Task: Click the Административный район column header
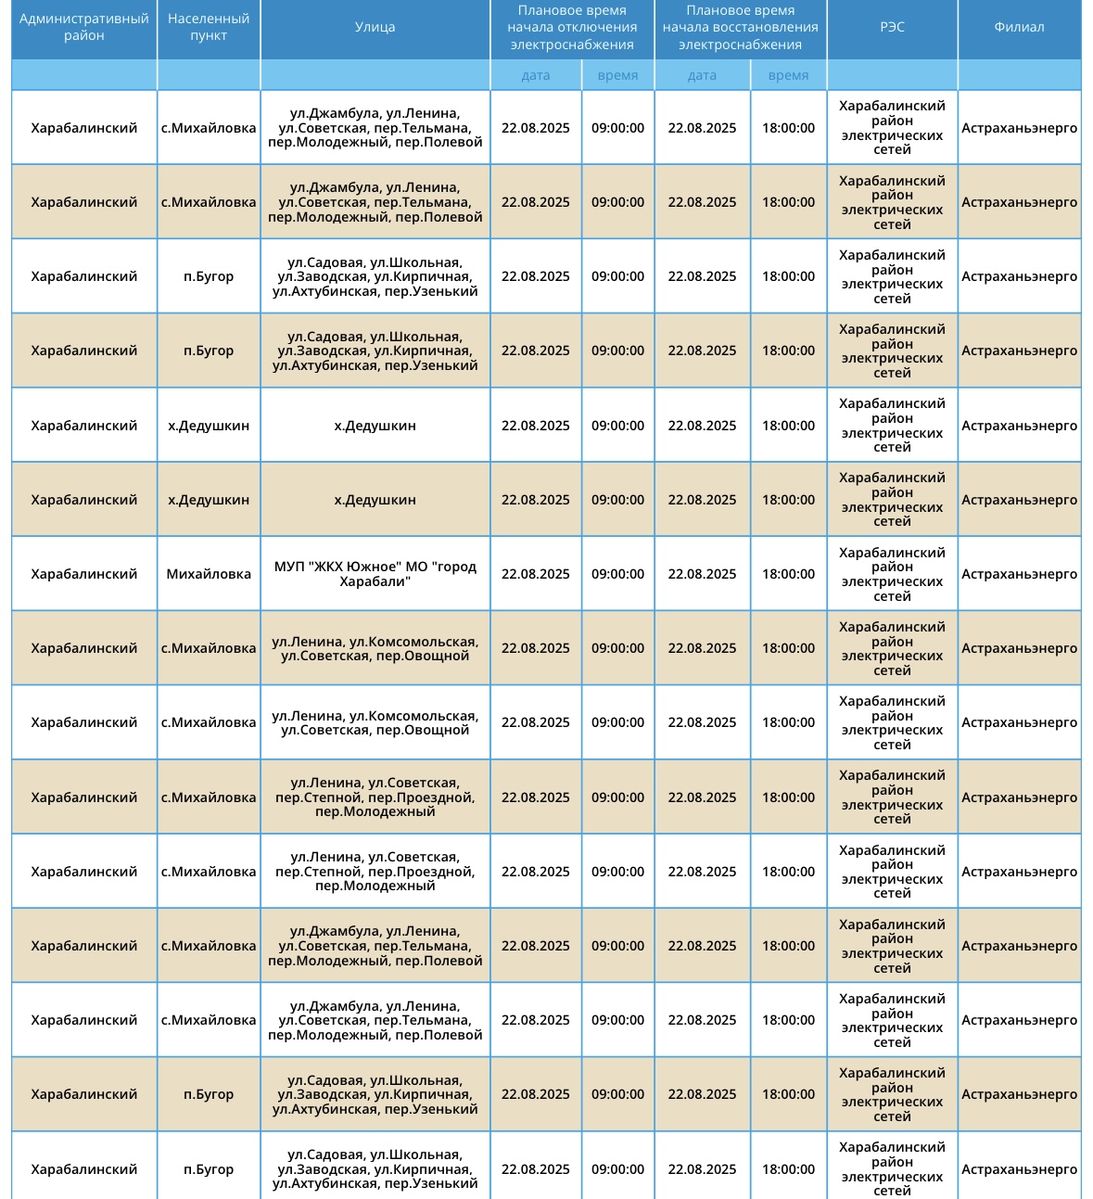83,28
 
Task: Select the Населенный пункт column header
209,28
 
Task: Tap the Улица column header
375,28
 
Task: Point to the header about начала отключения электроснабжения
572,28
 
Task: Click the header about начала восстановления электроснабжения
740,28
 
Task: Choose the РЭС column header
892,28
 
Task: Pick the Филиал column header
1019,28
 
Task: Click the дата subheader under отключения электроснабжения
536,75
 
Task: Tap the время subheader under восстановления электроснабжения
788,75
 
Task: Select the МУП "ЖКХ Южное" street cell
375,574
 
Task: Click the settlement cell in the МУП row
209,574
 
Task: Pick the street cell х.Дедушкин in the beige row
375,500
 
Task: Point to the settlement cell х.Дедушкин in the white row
209,426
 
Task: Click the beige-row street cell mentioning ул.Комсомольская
375,648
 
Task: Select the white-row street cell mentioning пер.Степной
375,872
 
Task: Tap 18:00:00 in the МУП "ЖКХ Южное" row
788,574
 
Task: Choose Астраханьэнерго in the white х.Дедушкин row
1019,426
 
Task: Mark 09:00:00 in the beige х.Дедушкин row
617,500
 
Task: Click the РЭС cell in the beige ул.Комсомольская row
892,648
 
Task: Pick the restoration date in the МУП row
702,574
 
